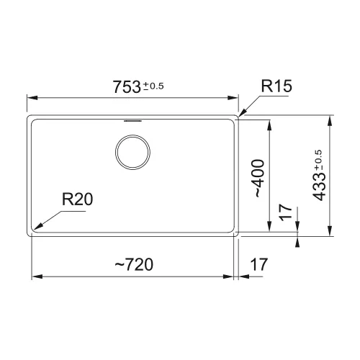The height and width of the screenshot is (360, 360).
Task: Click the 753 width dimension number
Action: tap(127, 86)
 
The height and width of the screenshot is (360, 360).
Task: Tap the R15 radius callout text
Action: tap(276, 86)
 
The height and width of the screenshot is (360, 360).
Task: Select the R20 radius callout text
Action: tap(77, 199)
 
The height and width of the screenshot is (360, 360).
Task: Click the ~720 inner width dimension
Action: tap(134, 264)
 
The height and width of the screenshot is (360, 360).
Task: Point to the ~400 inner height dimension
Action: tap(259, 178)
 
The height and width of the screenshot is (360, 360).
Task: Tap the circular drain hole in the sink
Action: tap(132, 152)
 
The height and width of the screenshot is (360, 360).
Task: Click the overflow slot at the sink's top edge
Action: tap(132, 121)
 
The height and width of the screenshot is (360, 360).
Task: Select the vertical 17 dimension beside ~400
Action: tap(286, 212)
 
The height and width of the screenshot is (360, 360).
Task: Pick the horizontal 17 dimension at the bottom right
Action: tap(258, 264)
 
